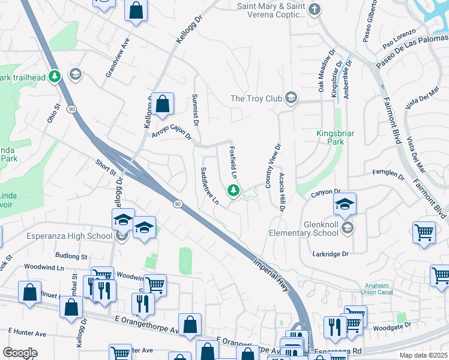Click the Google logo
tap(20, 353)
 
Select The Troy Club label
tap(256, 98)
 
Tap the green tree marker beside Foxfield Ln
tap(233, 191)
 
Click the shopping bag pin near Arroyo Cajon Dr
tap(162, 104)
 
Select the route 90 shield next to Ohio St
tap(71, 109)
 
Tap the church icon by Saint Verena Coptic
tap(314, 9)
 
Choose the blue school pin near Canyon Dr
tap(345, 204)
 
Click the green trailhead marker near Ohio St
tap(54, 76)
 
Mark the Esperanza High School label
tap(69, 236)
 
